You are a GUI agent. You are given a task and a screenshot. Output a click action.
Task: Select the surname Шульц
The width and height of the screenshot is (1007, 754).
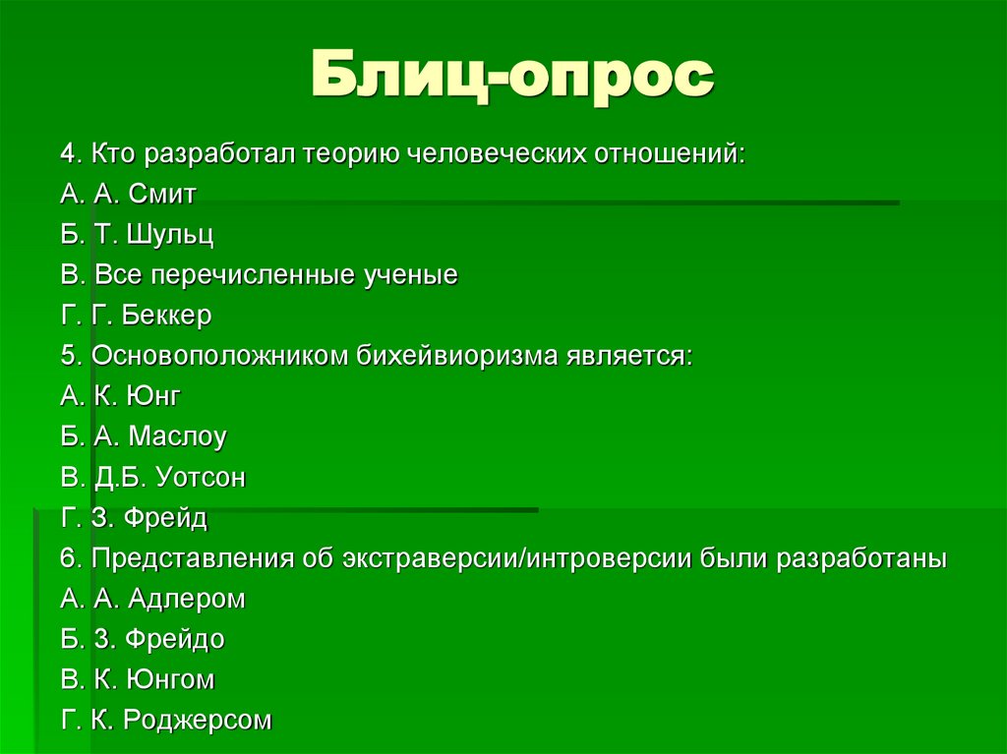tap(175, 234)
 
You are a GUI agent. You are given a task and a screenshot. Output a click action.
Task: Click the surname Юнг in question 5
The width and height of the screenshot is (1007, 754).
tap(152, 396)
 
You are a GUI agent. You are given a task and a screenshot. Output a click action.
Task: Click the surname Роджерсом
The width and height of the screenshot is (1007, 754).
tap(197, 721)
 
